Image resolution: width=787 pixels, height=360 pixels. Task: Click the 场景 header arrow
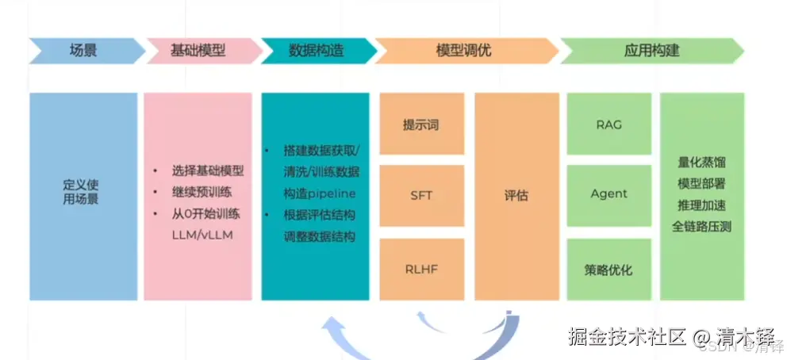tap(83, 51)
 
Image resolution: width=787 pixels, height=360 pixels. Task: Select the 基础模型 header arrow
tap(198, 51)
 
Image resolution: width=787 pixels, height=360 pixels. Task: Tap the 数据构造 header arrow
tap(315, 51)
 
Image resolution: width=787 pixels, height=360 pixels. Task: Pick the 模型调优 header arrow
tap(463, 51)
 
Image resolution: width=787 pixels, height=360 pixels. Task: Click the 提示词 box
tap(421, 124)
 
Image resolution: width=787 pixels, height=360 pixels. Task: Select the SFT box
tap(421, 195)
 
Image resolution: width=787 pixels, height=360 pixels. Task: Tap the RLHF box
tap(421, 269)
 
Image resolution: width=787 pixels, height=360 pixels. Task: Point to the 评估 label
tap(516, 195)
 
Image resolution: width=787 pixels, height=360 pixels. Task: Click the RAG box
tap(608, 124)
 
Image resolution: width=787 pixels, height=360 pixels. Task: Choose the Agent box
tap(608, 194)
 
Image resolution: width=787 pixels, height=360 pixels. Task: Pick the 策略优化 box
tap(608, 269)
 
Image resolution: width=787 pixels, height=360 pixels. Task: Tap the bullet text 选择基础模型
tap(208, 170)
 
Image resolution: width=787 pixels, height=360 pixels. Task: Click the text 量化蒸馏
tap(702, 163)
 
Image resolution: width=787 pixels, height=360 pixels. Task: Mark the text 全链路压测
tap(702, 227)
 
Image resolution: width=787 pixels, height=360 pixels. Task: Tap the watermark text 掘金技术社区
tap(627, 336)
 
